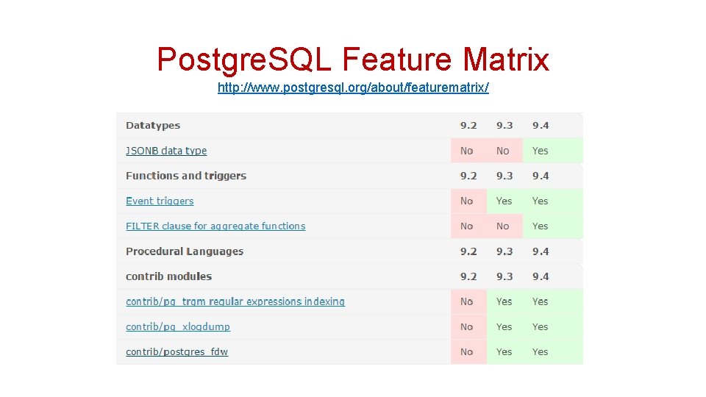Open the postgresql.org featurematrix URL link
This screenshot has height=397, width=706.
coord(353,88)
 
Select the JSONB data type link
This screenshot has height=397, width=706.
coord(166,151)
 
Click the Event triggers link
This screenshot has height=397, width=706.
coord(160,201)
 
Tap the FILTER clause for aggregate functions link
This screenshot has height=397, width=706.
coord(215,226)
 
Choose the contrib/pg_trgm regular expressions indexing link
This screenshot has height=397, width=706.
coord(235,301)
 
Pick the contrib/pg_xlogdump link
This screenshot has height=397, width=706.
coord(178,327)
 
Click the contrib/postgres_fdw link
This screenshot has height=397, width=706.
coord(176,352)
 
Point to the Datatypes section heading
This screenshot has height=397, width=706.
coord(153,126)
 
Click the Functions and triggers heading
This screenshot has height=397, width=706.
coord(186,176)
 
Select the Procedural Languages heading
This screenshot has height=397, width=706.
coord(185,251)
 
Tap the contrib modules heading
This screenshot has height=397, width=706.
coord(168,276)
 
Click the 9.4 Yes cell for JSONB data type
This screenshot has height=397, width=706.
coord(541,151)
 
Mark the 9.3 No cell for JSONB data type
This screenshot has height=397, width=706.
coord(503,151)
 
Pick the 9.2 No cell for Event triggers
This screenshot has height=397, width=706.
coord(467,201)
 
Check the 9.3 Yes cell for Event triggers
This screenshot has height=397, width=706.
coord(504,201)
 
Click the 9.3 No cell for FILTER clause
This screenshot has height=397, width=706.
coord(503,226)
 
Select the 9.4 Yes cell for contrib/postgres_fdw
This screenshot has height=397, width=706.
coord(541,352)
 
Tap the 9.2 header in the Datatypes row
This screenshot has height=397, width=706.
coord(468,126)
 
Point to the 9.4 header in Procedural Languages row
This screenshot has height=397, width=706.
coord(541,251)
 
